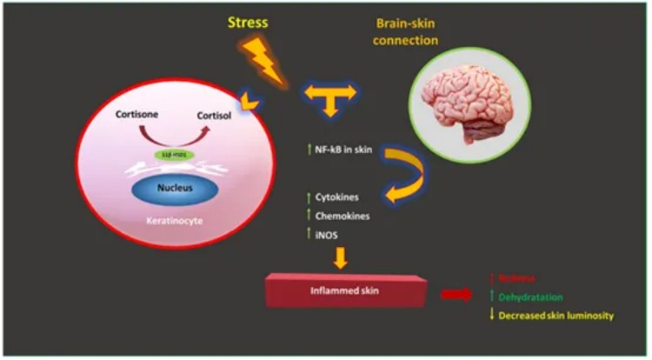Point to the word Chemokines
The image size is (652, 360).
coord(340,215)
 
